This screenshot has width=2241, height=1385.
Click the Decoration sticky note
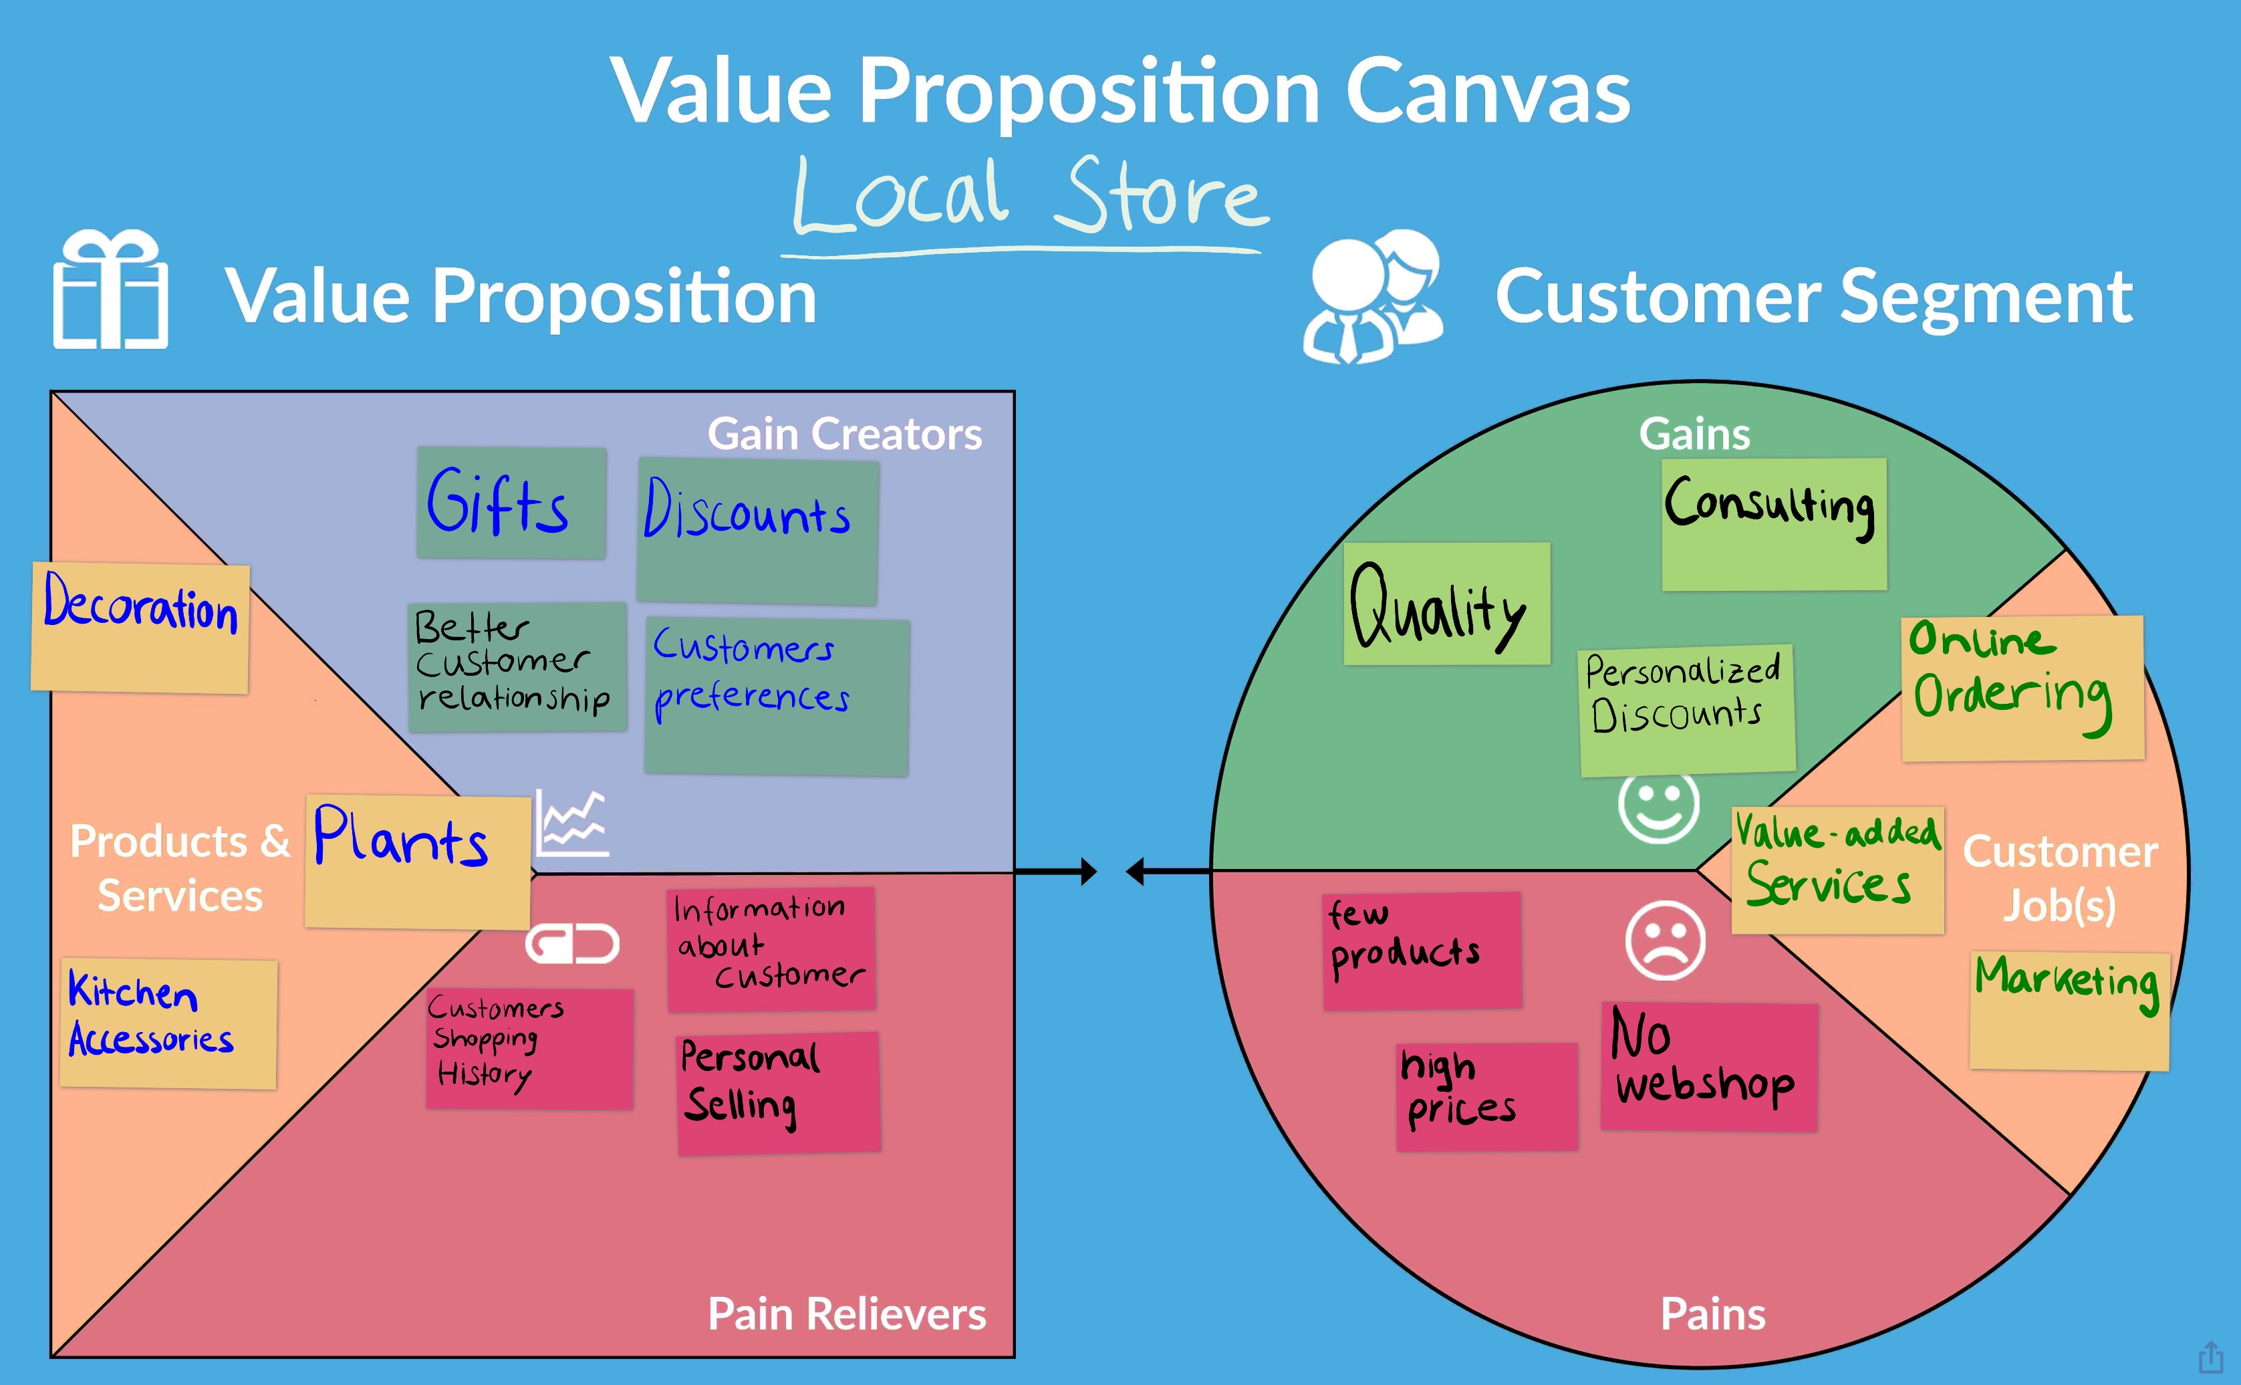140,628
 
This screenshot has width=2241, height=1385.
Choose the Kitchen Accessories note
168,1023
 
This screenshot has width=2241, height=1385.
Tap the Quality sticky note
1446,604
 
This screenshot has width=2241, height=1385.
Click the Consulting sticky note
1774,524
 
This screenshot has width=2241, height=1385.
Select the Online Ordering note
2022,688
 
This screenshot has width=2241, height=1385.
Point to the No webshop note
1709,1066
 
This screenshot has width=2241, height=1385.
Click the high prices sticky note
1486,1096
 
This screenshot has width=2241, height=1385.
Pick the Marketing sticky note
2069,1011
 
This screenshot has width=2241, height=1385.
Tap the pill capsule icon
572,943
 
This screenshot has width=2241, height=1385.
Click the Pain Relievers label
846,1313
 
